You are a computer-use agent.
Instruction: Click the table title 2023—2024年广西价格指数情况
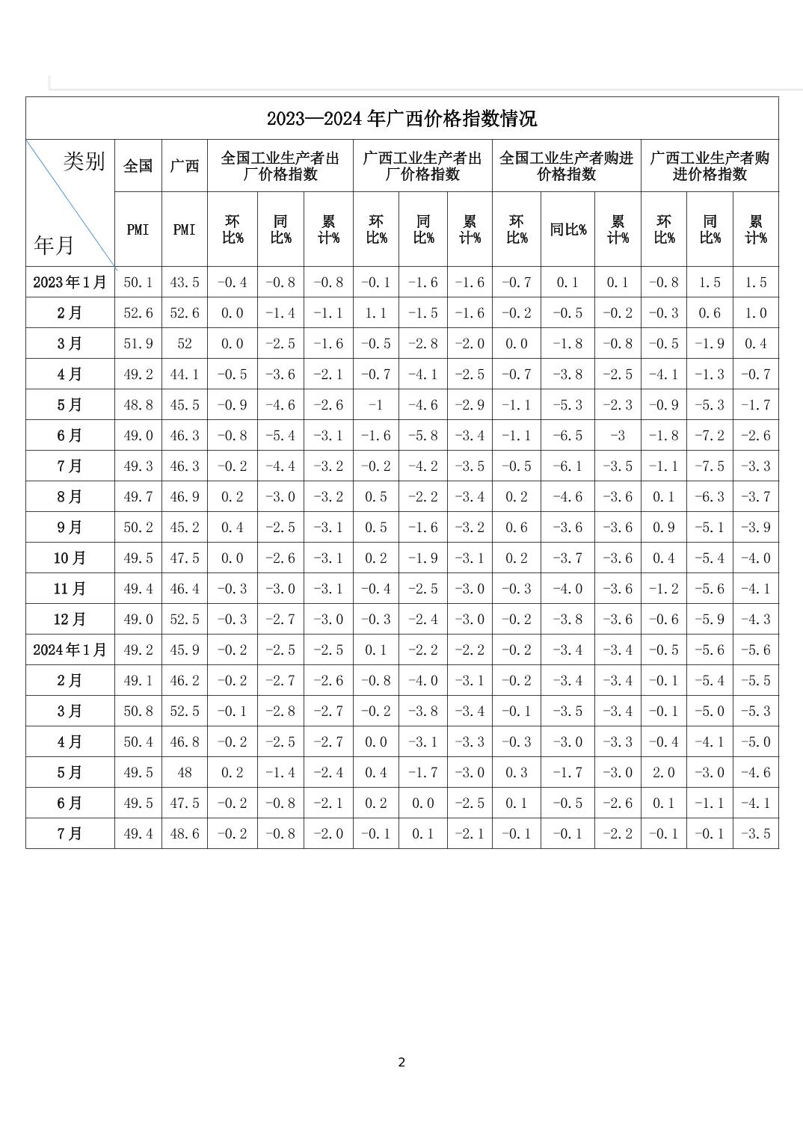(401, 119)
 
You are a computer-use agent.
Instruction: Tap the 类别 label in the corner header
(84, 161)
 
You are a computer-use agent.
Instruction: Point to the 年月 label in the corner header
(54, 244)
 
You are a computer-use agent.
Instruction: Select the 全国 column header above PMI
(138, 166)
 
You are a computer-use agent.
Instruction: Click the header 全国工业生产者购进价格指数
(566, 166)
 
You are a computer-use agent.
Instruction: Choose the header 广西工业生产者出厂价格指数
(422, 166)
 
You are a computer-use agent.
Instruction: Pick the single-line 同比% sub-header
(567, 229)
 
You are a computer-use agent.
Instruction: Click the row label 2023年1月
(70, 282)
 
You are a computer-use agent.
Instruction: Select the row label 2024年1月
(70, 649)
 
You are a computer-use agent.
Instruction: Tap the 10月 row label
(70, 558)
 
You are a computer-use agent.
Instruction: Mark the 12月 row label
(70, 619)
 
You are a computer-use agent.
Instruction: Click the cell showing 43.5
(185, 283)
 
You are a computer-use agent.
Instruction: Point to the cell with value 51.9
(138, 344)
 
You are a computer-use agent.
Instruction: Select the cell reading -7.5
(710, 466)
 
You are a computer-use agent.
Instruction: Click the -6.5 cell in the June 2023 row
(567, 436)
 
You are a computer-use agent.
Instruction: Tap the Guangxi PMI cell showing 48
(185, 773)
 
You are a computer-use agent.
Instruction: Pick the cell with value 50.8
(138, 711)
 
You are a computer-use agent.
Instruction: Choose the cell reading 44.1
(185, 374)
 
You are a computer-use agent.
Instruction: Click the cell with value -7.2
(710, 436)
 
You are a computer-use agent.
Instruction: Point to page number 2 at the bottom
(401, 1062)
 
